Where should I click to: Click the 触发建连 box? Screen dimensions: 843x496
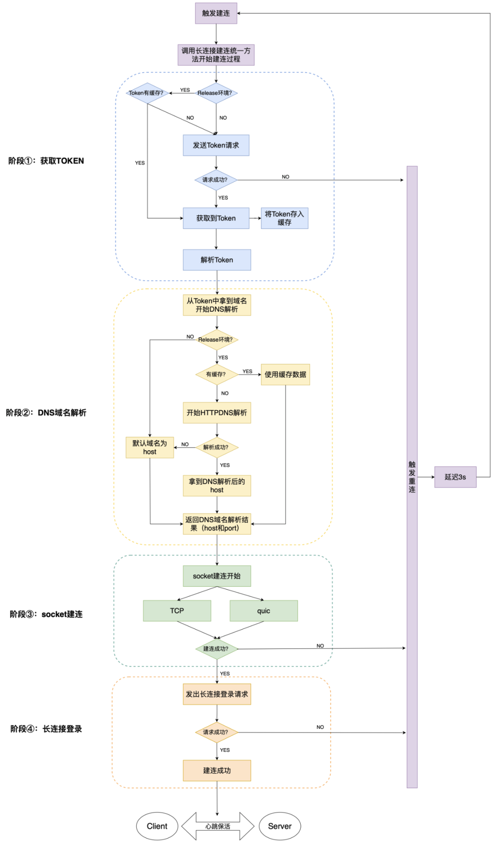coord(216,13)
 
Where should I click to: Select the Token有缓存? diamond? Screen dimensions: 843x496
coord(147,93)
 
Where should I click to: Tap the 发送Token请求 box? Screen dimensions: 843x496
coord(216,145)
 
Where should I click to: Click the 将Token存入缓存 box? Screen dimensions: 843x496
coord(284,218)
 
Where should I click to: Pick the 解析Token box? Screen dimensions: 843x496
coord(217,260)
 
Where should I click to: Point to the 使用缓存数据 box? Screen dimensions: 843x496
coord(285,374)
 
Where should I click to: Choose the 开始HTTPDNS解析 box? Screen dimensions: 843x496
coord(217,413)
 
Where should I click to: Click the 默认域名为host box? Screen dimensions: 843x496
coord(150,447)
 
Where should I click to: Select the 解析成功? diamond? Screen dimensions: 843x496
coord(216,447)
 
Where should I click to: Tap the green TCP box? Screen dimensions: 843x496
coord(177,611)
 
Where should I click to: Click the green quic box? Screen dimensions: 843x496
coord(264,611)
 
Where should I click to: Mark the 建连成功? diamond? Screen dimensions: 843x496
coord(216,649)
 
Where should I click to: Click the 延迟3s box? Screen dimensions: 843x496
coord(455,477)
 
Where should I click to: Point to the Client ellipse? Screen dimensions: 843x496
coord(157,826)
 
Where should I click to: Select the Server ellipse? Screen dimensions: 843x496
coord(280,826)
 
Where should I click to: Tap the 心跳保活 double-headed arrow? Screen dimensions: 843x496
coord(218,826)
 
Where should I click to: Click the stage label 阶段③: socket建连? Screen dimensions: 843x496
coord(46,614)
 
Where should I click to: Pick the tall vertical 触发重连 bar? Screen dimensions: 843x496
coord(412,476)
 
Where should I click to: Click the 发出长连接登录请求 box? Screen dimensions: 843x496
coord(217,694)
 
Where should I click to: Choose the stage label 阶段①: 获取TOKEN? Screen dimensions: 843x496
coord(46,161)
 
